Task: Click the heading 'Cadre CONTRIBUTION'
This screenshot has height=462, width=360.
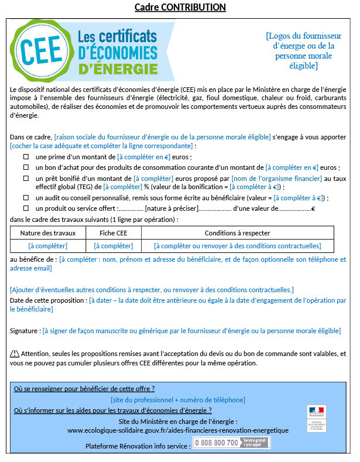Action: pos(180,8)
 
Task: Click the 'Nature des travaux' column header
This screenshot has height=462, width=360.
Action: pos(47,233)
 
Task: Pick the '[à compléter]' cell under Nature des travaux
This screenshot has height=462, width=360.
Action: pos(47,246)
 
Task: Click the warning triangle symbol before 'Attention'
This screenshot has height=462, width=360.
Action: pos(15,354)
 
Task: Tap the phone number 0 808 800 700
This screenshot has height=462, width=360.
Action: pos(216,443)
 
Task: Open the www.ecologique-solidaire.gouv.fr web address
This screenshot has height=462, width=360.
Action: pos(177,430)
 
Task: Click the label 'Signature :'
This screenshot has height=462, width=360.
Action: pos(25,331)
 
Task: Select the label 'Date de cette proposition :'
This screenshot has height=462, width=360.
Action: pos(48,300)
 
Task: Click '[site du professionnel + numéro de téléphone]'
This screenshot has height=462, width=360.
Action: pos(178,399)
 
